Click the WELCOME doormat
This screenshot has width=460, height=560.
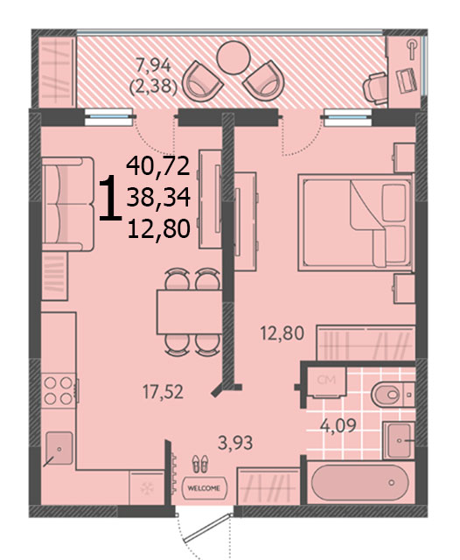click(204, 488)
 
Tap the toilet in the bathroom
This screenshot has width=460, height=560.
click(393, 395)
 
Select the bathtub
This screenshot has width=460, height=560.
click(359, 482)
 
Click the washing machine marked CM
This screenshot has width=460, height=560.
click(327, 382)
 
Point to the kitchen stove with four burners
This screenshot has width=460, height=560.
click(59, 391)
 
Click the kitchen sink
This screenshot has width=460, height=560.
click(59, 448)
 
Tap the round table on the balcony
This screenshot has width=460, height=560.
click(233, 58)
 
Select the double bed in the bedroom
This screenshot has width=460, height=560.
click(356, 222)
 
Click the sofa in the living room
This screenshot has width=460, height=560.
click(68, 204)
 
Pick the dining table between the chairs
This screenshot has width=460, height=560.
click(190, 311)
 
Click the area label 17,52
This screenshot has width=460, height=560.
click(163, 392)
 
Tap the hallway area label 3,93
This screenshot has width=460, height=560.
click(235, 443)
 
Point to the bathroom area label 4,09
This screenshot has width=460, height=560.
click(338, 425)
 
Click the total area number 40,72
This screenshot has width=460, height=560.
click(158, 166)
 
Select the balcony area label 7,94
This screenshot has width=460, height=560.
click(154, 66)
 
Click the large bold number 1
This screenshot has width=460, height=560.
click(110, 198)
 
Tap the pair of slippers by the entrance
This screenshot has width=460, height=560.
click(200, 464)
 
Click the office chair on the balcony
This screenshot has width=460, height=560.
click(375, 88)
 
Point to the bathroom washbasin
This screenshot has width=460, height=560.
click(399, 440)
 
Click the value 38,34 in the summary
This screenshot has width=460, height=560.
click(158, 198)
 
